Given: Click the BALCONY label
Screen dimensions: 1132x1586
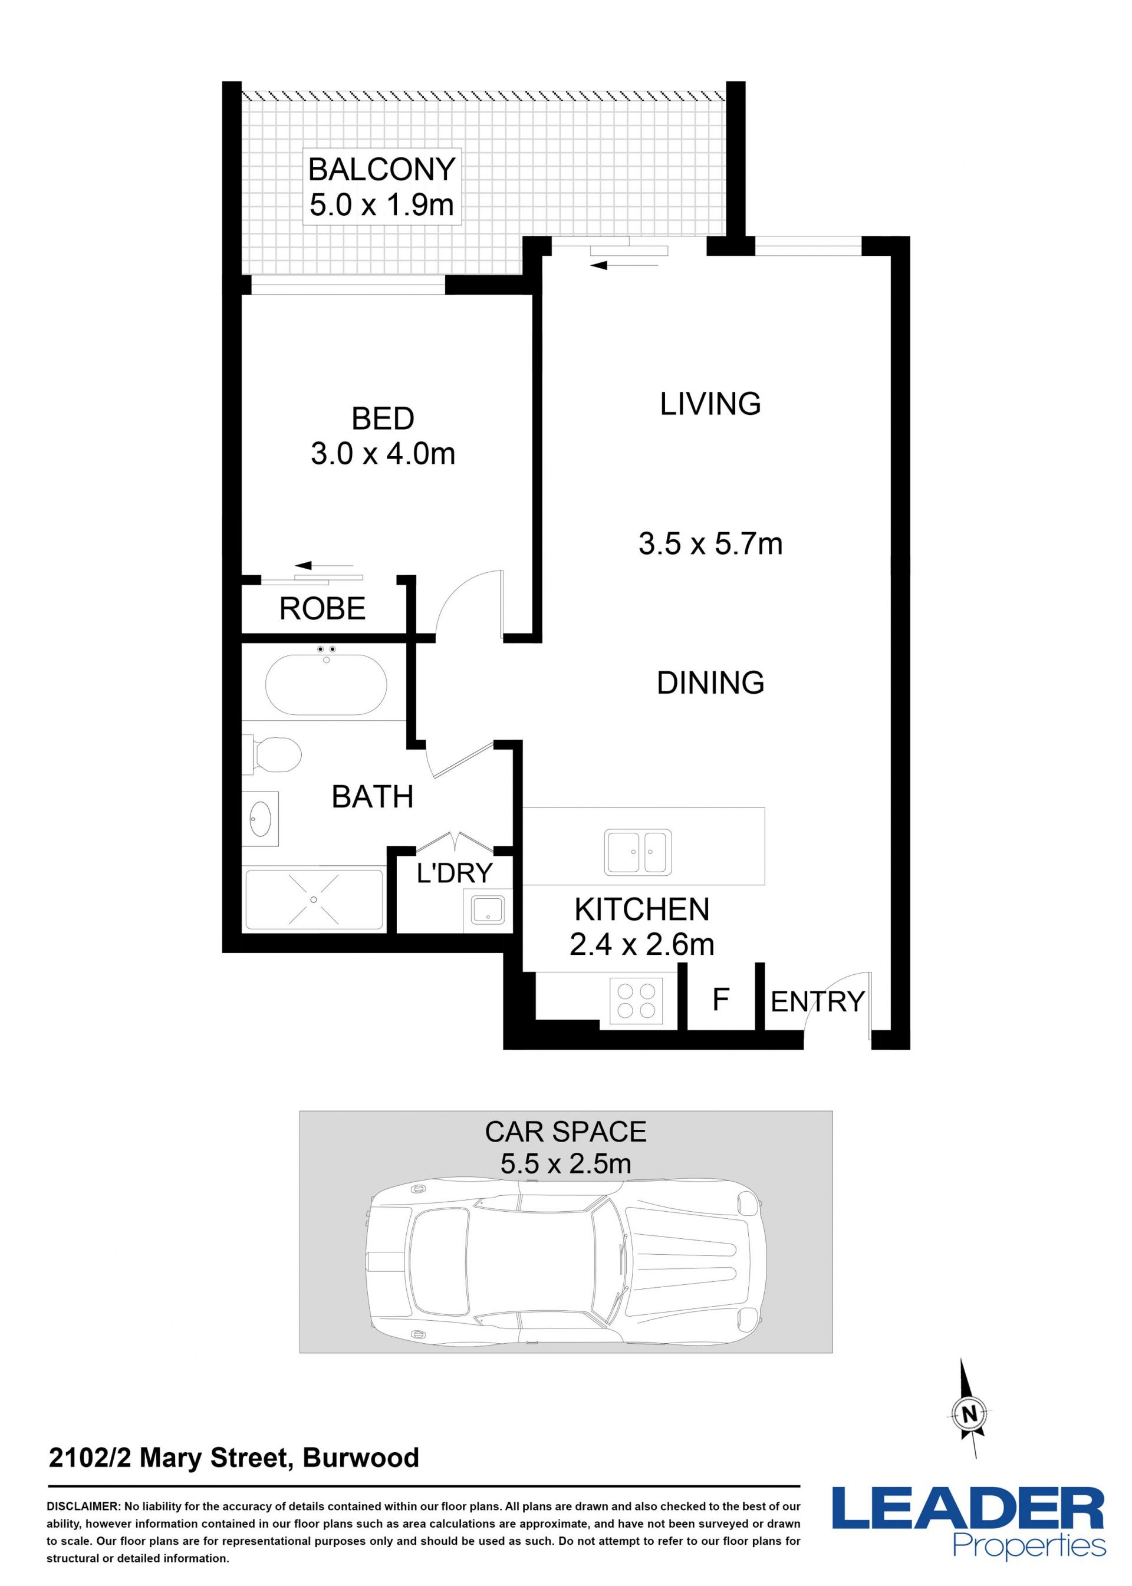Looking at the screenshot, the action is tap(381, 169).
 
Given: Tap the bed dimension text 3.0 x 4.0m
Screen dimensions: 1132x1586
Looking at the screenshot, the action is tap(383, 454).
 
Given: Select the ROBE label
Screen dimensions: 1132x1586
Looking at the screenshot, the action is tap(322, 608).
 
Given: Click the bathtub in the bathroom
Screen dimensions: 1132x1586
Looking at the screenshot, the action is tap(325, 684).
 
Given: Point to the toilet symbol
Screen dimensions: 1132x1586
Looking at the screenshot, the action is tap(273, 754).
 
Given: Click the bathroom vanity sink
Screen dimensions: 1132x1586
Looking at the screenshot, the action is tap(261, 818).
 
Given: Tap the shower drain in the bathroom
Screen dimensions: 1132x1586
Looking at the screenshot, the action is tap(314, 899).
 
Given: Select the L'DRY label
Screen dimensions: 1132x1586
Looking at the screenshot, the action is tap(455, 872).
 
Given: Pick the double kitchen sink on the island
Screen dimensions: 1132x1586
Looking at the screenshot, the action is tap(638, 852).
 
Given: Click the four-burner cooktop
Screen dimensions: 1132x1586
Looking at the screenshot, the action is tap(636, 1001).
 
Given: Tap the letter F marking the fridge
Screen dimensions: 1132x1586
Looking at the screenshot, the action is tap(720, 999).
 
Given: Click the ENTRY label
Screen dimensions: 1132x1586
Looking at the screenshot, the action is tap(818, 1001).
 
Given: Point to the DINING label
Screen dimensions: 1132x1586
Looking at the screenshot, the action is tap(710, 682).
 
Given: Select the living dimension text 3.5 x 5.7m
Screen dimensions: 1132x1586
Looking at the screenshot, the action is tap(710, 543).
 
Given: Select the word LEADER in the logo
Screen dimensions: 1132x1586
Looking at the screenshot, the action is tap(968, 1507).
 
